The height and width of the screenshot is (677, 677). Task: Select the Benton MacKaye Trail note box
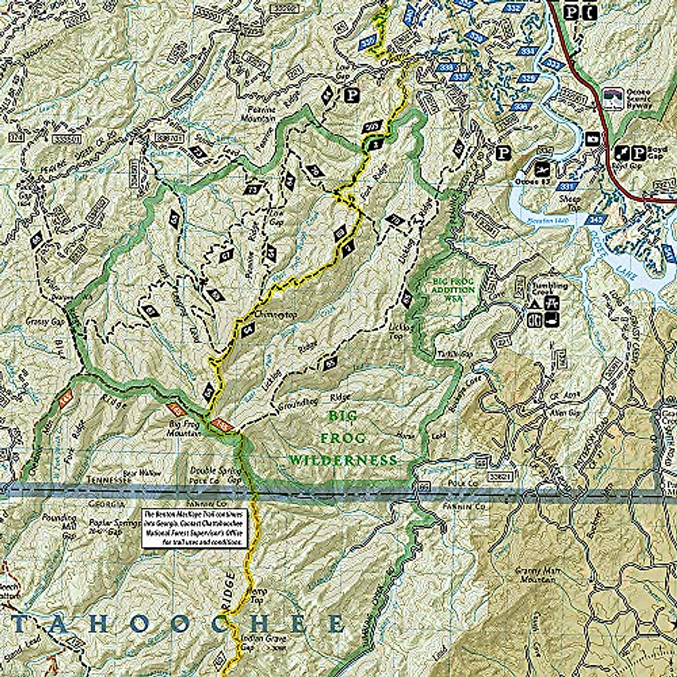tap(194, 527)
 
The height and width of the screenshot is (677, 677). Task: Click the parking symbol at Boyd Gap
tap(640, 152)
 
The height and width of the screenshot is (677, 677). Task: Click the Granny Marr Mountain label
tap(535, 575)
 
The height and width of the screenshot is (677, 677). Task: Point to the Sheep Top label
tap(570, 203)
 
